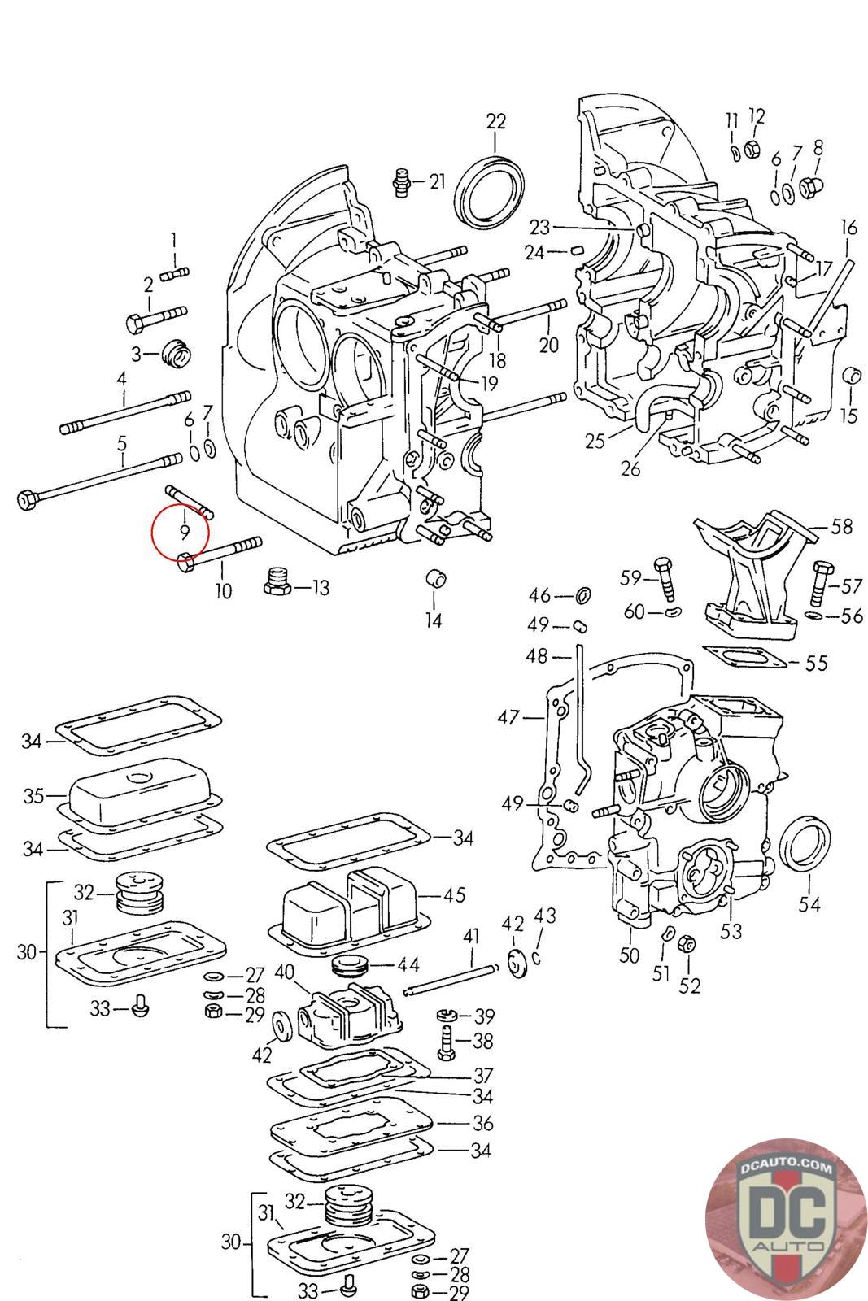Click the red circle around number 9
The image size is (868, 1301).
click(x=181, y=533)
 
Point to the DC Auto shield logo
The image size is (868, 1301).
click(x=786, y=1217)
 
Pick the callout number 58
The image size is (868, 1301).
click(x=841, y=527)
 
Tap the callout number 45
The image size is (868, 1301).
click(x=454, y=894)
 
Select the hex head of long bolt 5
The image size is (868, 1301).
click(x=26, y=498)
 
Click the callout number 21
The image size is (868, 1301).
click(x=438, y=181)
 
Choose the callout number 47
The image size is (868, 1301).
click(x=508, y=717)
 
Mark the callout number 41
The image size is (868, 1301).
click(x=472, y=937)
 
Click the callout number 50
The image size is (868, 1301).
click(x=630, y=955)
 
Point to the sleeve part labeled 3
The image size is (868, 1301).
click(x=177, y=354)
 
